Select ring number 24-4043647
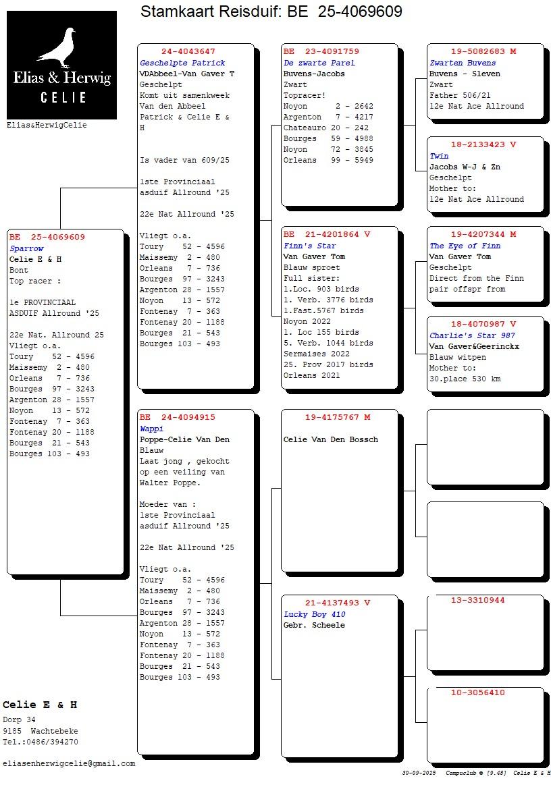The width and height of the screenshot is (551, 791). pos(188,52)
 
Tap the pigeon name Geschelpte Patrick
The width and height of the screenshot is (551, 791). pos(182,63)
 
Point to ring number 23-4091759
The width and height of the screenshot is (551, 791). pos(321,52)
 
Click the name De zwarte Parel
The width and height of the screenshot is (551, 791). pos(319,63)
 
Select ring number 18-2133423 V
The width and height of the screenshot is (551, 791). pos(483,145)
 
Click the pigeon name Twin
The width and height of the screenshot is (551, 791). pos(439,156)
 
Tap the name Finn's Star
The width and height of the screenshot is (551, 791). pos(309,246)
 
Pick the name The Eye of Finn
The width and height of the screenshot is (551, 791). pos(465,246)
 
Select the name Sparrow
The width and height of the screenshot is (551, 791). pos(26,248)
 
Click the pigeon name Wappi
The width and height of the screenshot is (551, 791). pos(151,429)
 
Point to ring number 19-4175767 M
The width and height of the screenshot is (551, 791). pos(338,418)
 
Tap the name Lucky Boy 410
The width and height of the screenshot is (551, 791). pos(314,614)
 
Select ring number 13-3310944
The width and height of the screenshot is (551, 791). pos(477,600)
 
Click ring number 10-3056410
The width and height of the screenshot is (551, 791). pos(477,692)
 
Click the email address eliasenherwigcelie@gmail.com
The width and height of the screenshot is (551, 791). pos(69,763)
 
